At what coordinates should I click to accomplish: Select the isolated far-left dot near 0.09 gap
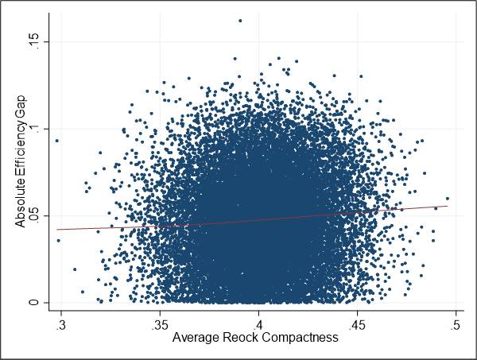pos(56,141)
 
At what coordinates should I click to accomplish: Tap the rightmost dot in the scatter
pos(448,199)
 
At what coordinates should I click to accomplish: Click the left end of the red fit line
pos(56,230)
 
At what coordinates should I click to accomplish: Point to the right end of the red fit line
pos(448,206)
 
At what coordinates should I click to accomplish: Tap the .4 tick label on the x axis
pos(258,326)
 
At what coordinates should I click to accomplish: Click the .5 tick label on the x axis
pos(456,326)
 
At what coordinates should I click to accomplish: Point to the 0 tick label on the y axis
pos(34,302)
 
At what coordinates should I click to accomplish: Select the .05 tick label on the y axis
pos(34,215)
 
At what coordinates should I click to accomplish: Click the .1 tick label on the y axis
pos(34,129)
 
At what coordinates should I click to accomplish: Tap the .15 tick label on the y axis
pos(34,41)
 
